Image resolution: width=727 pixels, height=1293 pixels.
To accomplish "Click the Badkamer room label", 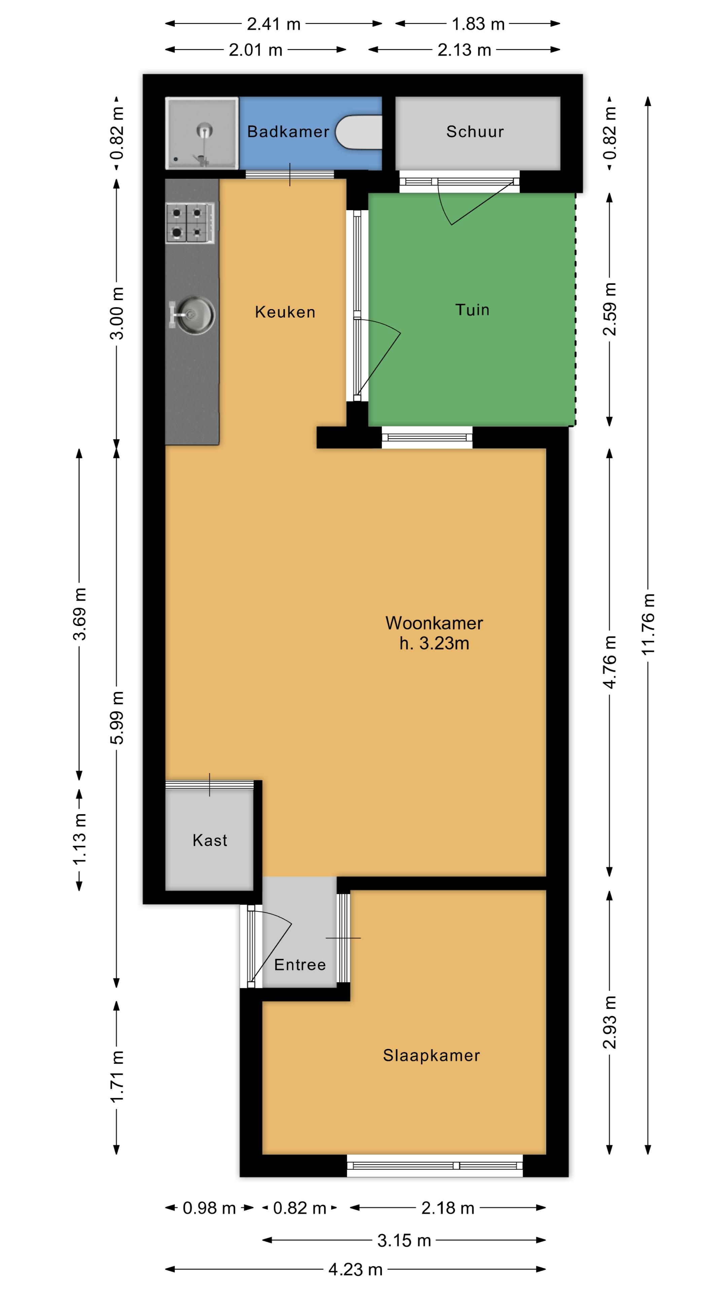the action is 288,132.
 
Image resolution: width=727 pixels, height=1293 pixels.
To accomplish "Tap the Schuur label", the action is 475,132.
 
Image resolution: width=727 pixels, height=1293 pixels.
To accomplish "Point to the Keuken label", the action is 285,312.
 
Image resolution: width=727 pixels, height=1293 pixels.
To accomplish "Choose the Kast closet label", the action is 210,840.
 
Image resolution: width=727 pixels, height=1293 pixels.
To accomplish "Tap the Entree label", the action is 300,964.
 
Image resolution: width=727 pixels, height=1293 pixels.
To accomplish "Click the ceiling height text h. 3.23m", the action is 434,643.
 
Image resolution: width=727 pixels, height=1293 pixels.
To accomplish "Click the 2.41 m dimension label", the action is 273,24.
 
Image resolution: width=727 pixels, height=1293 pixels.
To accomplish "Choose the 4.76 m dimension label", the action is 610,662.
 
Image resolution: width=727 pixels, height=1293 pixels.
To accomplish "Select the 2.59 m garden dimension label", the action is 610,309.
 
